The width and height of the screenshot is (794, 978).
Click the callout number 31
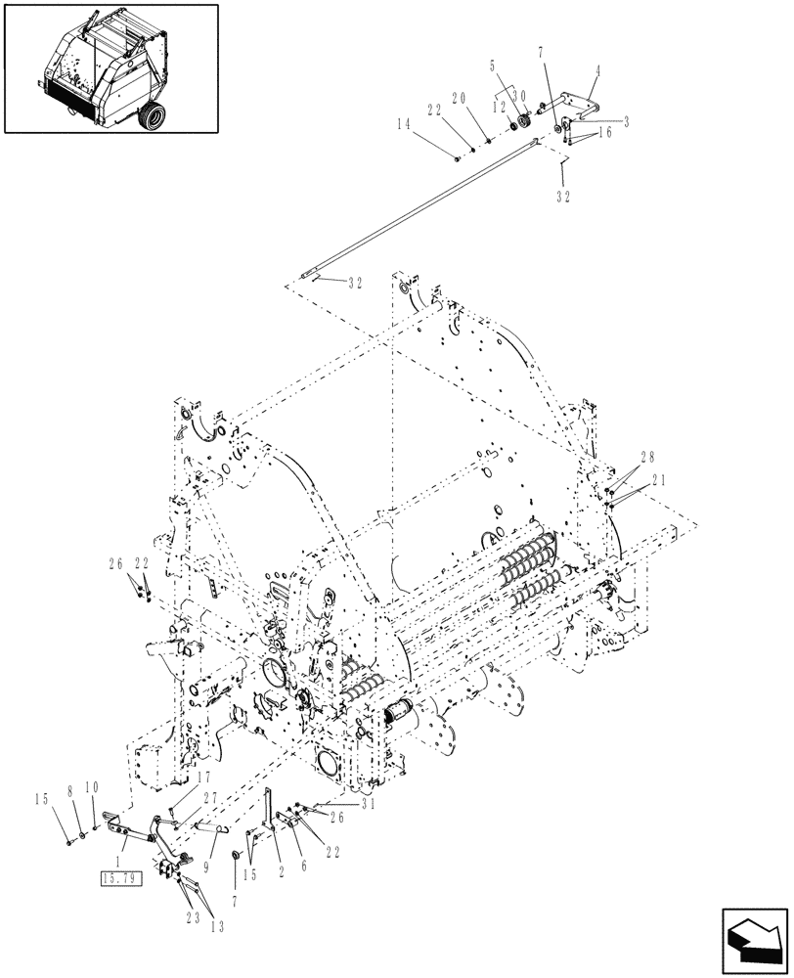click(x=340, y=805)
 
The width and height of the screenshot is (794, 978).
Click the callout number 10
click(x=93, y=785)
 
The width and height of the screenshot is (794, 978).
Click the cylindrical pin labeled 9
click(x=217, y=827)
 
